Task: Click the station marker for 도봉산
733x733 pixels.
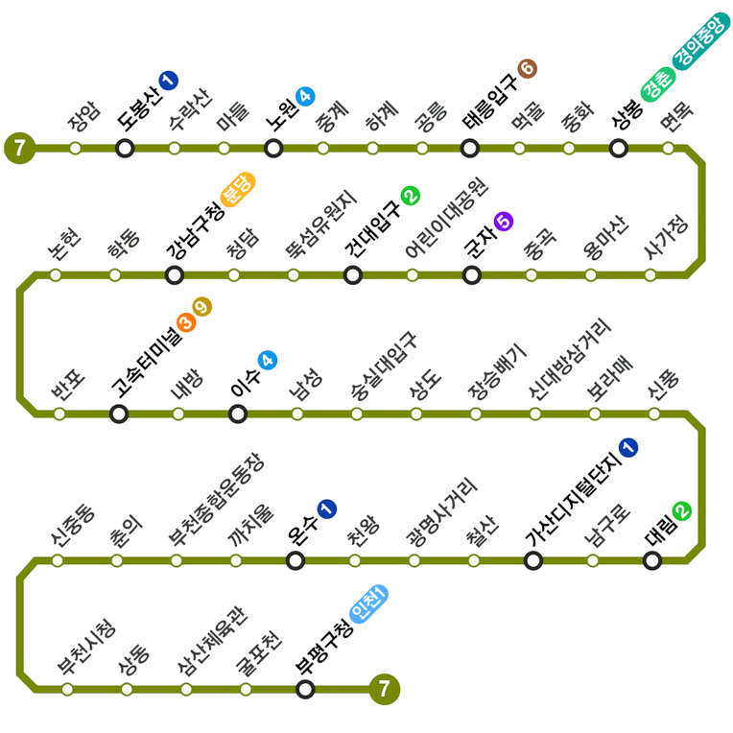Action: [125, 148]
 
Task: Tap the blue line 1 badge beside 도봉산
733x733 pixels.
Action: [169, 81]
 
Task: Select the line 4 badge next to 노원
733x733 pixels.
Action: [305, 96]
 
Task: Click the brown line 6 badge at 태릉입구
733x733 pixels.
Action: [527, 68]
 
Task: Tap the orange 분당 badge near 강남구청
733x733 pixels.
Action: [237, 188]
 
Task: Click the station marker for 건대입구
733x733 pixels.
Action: [353, 275]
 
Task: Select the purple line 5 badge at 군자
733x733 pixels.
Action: [504, 222]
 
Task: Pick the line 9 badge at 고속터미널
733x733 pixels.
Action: [201, 308]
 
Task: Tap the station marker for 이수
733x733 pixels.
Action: [238, 414]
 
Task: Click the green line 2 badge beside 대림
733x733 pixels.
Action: [682, 511]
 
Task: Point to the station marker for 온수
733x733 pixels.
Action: [296, 560]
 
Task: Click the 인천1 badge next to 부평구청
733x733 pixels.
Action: [368, 603]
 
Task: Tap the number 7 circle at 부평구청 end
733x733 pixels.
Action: [384, 689]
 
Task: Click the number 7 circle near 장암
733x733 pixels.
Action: [19, 148]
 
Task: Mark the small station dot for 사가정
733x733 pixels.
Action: [650, 275]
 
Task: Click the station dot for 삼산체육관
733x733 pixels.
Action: [186, 689]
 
